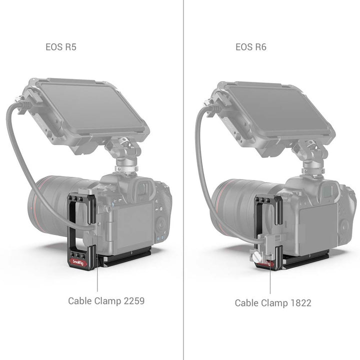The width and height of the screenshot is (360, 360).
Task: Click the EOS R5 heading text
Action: pos(61,47)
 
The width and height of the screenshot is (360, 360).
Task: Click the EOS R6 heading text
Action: pos(251,47)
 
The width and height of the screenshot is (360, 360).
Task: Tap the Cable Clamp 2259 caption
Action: pos(106,301)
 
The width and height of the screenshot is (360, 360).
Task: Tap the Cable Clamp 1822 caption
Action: pos(273,303)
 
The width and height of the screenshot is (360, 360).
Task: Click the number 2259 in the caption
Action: pos(134,301)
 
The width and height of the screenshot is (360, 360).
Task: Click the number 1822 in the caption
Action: pos(301,303)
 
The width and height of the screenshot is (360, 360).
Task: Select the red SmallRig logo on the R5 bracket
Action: pos(78,262)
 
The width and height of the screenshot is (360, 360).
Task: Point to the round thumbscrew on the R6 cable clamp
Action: pos(255,255)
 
